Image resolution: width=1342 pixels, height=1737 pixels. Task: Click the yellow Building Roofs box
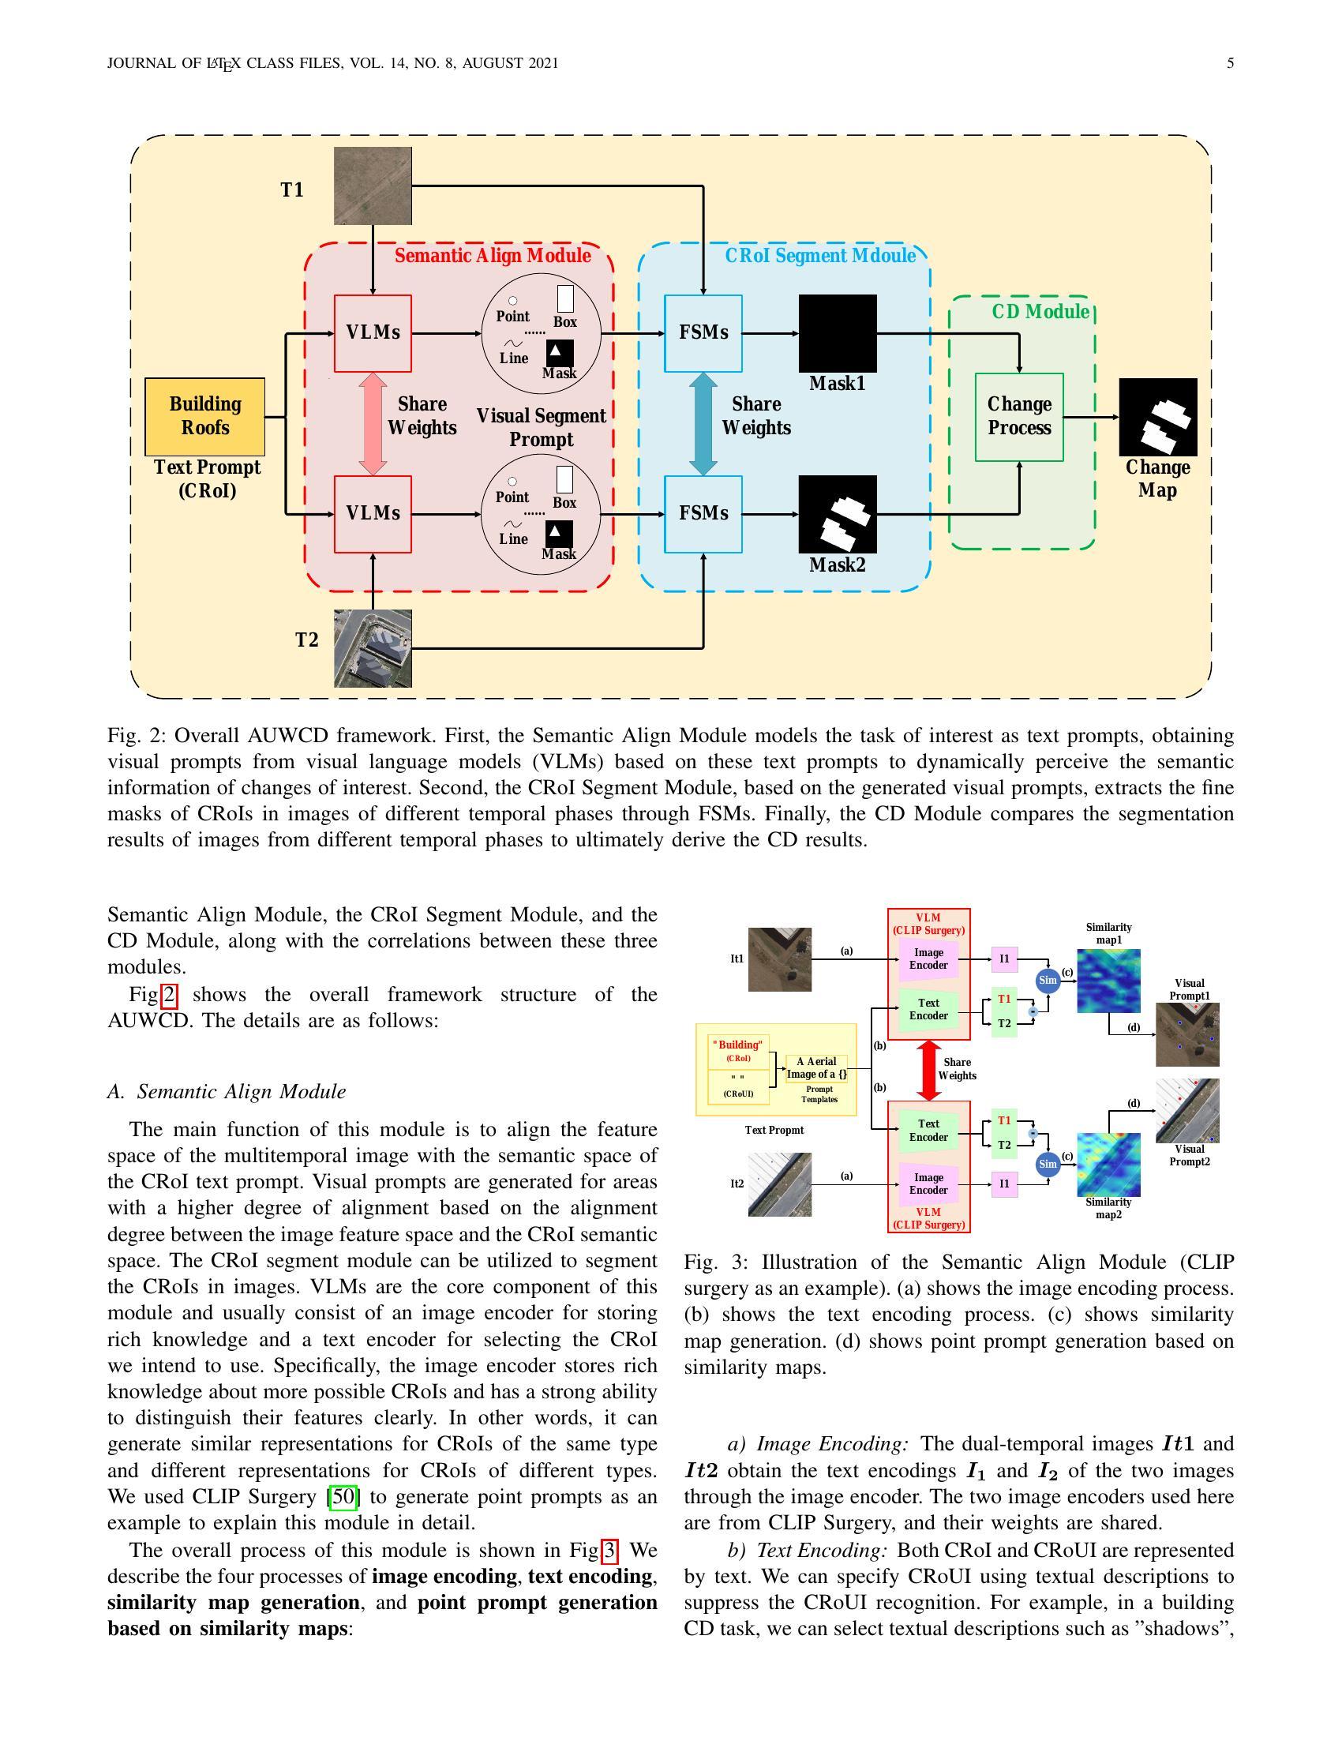click(x=205, y=416)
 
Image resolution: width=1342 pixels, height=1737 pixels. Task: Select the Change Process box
click(x=1019, y=417)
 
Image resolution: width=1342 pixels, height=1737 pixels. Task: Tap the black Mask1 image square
click(x=837, y=333)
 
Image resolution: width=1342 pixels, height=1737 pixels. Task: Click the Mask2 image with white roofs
click(x=837, y=514)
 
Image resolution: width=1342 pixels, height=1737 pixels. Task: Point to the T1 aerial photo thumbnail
click(x=373, y=186)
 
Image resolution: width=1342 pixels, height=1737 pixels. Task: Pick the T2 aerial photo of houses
click(x=373, y=648)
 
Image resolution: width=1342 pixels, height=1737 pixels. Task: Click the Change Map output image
click(x=1157, y=417)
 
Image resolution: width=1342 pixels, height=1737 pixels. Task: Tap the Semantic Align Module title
click(x=492, y=256)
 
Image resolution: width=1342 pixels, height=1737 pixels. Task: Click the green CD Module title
click(x=1040, y=312)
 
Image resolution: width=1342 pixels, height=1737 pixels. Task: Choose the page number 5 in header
click(x=1230, y=64)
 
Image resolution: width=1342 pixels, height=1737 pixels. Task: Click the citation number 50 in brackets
click(x=343, y=1497)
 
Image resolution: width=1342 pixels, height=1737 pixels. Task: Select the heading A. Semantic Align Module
click(x=227, y=1091)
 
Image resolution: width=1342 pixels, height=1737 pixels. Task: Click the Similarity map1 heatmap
click(x=1108, y=980)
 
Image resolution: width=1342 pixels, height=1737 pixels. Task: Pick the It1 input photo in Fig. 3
click(x=780, y=959)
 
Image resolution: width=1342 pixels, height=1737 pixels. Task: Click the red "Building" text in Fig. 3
click(x=737, y=1045)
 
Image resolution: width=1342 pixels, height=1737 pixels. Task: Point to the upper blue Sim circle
click(x=1048, y=980)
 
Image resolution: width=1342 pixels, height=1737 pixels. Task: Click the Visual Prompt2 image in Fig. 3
click(x=1187, y=1110)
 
